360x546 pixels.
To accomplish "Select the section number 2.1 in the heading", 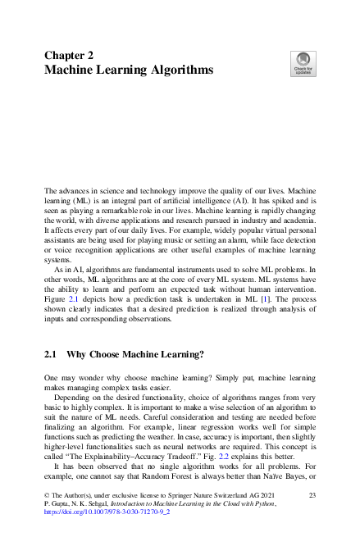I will coord(50,355).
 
